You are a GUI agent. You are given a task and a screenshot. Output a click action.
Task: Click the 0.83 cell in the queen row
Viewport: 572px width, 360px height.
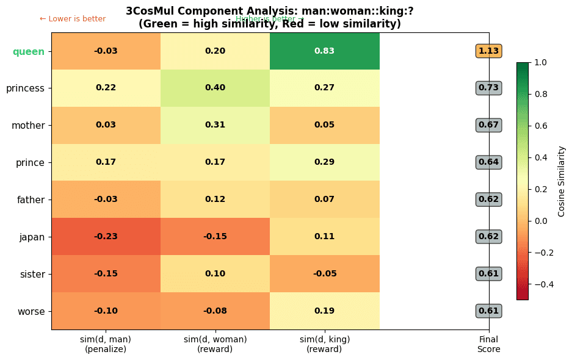pyautogui.click(x=324, y=51)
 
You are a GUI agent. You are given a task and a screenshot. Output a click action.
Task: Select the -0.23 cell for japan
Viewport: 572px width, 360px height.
pyautogui.click(x=106, y=237)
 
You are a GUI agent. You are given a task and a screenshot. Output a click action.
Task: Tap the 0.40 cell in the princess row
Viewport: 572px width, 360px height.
pyautogui.click(x=215, y=88)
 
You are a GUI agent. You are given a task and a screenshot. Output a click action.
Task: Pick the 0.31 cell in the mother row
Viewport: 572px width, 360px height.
pyautogui.click(x=215, y=125)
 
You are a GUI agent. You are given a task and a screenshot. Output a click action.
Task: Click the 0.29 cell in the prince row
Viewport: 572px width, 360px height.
pyautogui.click(x=324, y=162)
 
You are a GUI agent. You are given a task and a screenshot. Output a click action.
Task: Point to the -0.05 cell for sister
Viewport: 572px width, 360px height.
pyautogui.click(x=324, y=274)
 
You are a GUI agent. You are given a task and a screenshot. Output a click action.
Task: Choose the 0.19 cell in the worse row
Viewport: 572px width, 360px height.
pyautogui.click(x=324, y=311)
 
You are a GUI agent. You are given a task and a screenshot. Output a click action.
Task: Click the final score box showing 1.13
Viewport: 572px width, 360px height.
pyautogui.click(x=488, y=51)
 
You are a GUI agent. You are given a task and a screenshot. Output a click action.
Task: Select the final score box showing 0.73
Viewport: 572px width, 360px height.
pyautogui.click(x=488, y=88)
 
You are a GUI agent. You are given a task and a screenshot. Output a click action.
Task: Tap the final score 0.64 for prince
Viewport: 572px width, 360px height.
pyautogui.click(x=488, y=162)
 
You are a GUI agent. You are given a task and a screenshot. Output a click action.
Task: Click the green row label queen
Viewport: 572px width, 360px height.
pyautogui.click(x=29, y=52)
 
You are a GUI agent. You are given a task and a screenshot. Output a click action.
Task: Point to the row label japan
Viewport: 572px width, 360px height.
pyautogui.click(x=32, y=237)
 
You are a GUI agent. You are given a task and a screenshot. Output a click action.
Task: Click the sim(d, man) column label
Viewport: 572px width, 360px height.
pyautogui.click(x=106, y=344)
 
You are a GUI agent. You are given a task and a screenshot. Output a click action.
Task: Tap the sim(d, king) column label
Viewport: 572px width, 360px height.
pyautogui.click(x=324, y=344)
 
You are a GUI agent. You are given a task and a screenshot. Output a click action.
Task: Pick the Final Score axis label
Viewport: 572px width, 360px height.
pyautogui.click(x=488, y=344)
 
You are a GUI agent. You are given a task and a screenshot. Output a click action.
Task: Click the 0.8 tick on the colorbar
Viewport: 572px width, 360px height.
pyautogui.click(x=540, y=94)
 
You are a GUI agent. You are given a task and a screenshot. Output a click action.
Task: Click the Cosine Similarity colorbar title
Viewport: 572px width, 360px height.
pyautogui.click(x=562, y=181)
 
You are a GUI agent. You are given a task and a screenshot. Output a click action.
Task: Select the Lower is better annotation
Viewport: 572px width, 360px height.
pyautogui.click(x=73, y=19)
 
